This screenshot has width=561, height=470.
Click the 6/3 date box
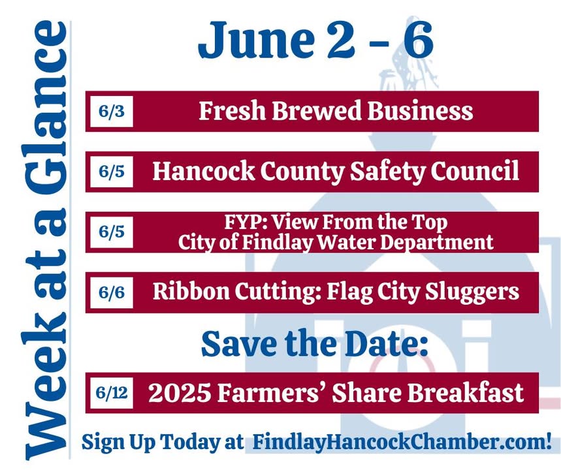[x=112, y=111]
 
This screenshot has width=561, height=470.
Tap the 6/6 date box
[x=112, y=292]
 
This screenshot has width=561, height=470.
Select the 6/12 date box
[x=112, y=393]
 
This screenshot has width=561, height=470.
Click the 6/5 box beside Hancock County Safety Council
[x=112, y=172]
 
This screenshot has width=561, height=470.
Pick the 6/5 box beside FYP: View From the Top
[x=112, y=232]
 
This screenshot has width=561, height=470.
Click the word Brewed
[x=317, y=110]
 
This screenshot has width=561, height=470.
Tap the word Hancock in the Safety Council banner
[x=204, y=171]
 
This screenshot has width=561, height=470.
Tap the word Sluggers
[x=472, y=292]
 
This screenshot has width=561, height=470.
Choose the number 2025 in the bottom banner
[x=179, y=393]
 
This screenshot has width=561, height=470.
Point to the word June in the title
[x=256, y=40]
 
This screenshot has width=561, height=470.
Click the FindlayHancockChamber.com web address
[x=402, y=442]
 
